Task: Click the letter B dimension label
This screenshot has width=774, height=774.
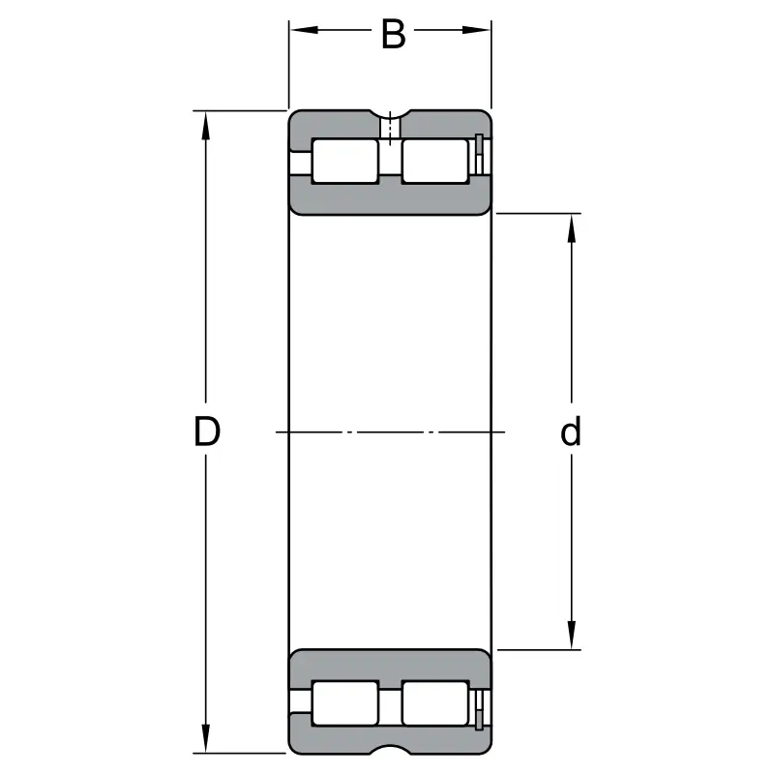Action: tap(394, 34)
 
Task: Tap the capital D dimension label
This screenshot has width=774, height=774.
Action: tap(207, 432)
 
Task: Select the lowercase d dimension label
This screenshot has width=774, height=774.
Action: tap(571, 432)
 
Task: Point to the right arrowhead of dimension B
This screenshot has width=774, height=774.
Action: tap(476, 30)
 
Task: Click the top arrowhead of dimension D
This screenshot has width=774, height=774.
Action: tap(205, 126)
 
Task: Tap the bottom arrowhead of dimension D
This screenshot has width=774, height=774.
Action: tap(205, 738)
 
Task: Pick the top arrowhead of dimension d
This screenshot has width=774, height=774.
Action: tap(572, 228)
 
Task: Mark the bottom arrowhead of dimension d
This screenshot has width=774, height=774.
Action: tap(572, 636)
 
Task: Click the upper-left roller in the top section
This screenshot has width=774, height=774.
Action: tap(345, 162)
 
